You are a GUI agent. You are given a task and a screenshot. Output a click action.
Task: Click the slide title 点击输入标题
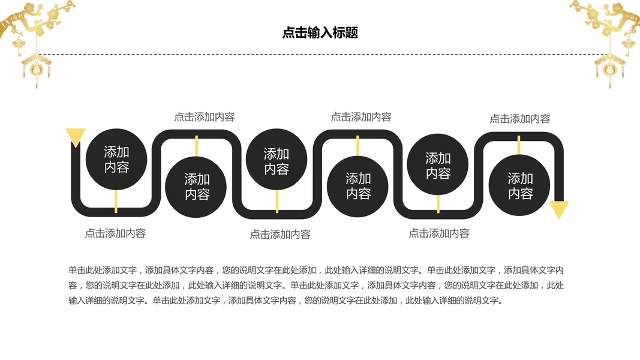[x=320, y=33]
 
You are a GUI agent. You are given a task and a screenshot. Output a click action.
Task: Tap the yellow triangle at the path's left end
[x=76, y=136]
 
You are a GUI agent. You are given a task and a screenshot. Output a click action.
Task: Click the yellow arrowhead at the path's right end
[x=558, y=208]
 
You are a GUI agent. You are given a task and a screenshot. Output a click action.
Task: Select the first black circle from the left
[x=116, y=159]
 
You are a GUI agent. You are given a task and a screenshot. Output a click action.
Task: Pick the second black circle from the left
[x=197, y=186]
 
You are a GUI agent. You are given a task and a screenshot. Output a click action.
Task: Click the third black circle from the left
[x=277, y=161]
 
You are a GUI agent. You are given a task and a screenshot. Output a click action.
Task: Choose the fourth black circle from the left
[x=358, y=186]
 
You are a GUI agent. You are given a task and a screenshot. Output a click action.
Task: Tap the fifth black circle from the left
[x=438, y=166]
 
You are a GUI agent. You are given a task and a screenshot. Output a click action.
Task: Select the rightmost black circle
[x=520, y=186]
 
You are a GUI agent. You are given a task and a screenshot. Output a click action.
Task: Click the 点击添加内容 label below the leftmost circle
[x=115, y=233]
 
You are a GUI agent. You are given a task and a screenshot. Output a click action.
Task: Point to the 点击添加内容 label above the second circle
[x=204, y=117]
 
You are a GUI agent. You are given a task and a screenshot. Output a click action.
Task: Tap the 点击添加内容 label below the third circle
[x=280, y=235]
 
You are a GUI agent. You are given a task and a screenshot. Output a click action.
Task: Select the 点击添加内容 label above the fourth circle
[x=361, y=117]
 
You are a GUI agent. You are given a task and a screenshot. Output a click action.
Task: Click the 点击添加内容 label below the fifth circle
[x=439, y=233]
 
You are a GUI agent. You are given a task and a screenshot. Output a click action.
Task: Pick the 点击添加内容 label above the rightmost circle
[x=519, y=119]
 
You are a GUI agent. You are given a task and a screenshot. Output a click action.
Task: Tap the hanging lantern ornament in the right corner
[x=611, y=66]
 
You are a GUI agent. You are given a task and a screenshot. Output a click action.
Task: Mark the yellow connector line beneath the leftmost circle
[x=116, y=201]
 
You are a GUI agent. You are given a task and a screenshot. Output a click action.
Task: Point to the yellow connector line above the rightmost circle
[x=519, y=145]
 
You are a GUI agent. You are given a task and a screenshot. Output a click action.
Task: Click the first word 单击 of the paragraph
[x=76, y=270]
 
